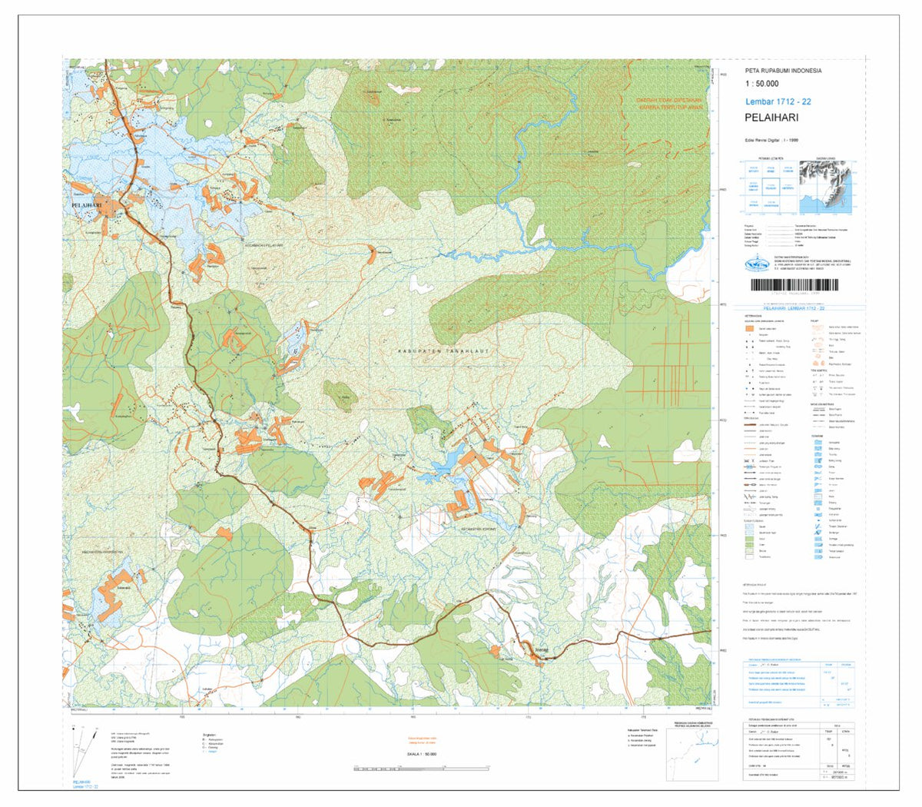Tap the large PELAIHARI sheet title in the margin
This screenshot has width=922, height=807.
point(771,118)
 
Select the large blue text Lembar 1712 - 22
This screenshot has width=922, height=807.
point(778,101)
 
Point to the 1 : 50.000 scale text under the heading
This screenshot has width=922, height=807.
point(761,84)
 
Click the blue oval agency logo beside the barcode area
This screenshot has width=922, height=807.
point(756,264)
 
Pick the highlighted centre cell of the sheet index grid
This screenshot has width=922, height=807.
point(770,186)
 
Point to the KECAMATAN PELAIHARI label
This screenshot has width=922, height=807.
point(264,246)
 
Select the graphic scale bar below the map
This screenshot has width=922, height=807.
point(420,768)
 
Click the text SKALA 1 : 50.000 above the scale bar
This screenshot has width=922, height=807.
point(421,755)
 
